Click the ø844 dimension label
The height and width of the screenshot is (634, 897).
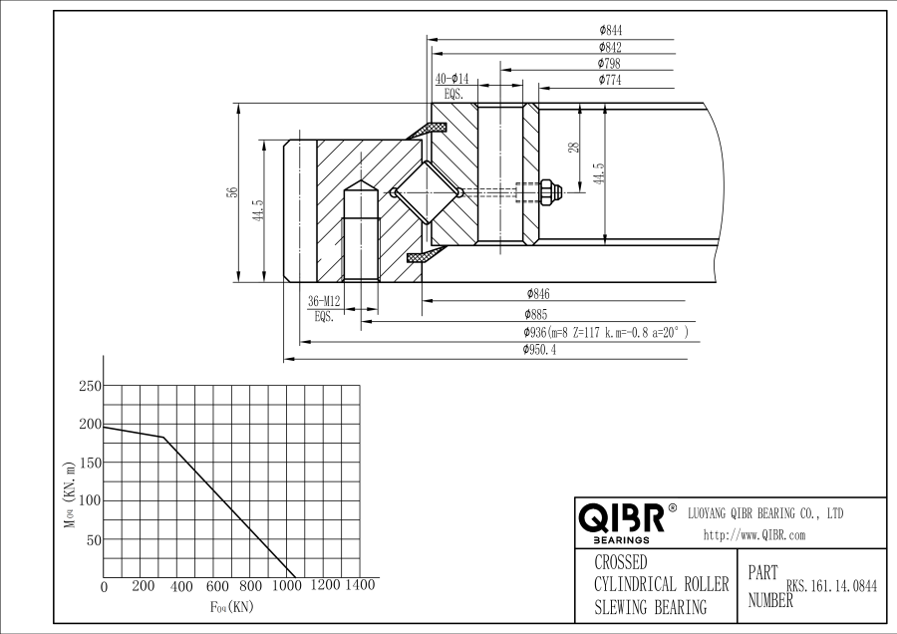pyautogui.click(x=610, y=32)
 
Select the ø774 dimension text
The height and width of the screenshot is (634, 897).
pyautogui.click(x=610, y=80)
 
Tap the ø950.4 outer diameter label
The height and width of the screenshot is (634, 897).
pyautogui.click(x=539, y=349)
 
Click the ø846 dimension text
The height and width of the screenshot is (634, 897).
pyautogui.click(x=537, y=294)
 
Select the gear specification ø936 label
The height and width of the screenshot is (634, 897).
pyautogui.click(x=605, y=331)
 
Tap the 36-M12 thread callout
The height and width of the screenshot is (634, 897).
pyautogui.click(x=324, y=301)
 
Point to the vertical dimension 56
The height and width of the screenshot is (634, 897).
pyautogui.click(x=231, y=192)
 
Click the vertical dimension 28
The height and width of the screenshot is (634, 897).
pyautogui.click(x=573, y=148)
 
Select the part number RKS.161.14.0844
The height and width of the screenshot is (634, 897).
pyautogui.click(x=831, y=587)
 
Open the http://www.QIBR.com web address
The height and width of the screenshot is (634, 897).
pyautogui.click(x=753, y=535)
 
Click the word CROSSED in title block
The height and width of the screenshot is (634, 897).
pyautogui.click(x=620, y=562)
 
